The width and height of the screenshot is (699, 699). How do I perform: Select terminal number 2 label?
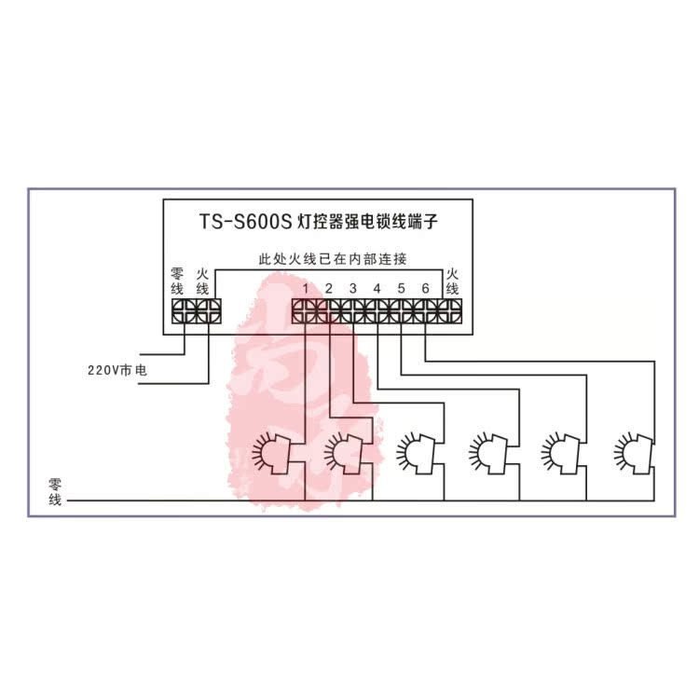[329, 288]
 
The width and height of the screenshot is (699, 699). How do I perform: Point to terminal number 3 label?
[353, 288]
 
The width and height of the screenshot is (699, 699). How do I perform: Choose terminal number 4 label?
[377, 288]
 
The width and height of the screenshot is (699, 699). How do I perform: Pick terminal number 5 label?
[402, 288]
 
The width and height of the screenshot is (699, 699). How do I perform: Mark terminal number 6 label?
[426, 288]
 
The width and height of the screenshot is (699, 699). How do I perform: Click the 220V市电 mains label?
[116, 371]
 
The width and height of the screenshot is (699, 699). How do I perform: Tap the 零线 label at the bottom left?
[55, 493]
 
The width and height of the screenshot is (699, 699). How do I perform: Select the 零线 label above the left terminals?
[177, 282]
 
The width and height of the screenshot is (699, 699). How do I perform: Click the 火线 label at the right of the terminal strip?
[453, 282]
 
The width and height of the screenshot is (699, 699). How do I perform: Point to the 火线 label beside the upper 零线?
[201, 282]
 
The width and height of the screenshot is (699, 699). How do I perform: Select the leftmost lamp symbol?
[274, 453]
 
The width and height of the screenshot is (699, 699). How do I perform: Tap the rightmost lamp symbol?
[633, 453]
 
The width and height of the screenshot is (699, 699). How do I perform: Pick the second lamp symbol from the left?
[345, 453]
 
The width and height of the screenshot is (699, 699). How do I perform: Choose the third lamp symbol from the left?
[417, 453]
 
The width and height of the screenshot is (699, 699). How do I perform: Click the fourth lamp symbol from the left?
[488, 453]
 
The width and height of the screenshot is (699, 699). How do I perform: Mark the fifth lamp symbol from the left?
[560, 453]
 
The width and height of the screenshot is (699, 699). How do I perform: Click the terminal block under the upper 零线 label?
[179, 310]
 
